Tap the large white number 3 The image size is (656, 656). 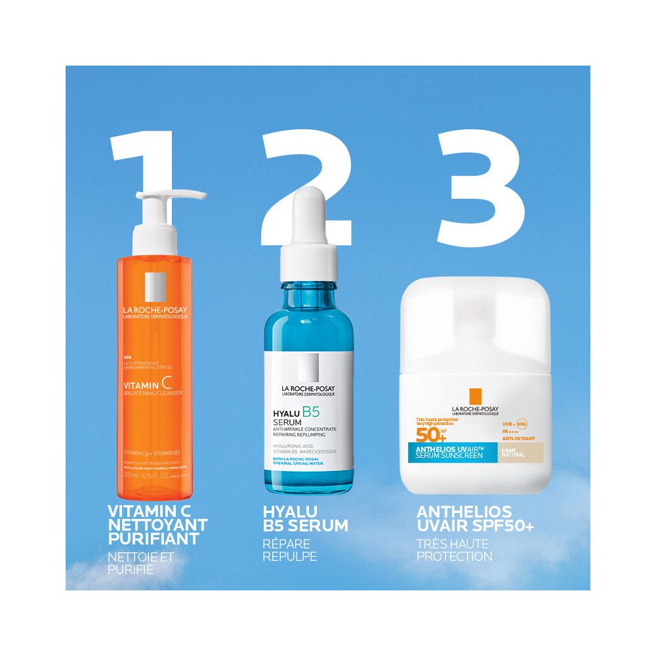tap(482, 187)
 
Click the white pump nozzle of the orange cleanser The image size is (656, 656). tap(172, 196)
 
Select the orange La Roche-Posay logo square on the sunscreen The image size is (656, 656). tap(475, 398)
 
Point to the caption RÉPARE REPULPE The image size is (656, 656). tap(290, 550)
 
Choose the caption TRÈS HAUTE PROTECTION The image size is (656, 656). tap(454, 550)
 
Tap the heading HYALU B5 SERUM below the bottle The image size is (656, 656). tap(305, 518)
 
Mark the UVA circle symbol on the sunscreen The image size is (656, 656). tap(522, 424)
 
